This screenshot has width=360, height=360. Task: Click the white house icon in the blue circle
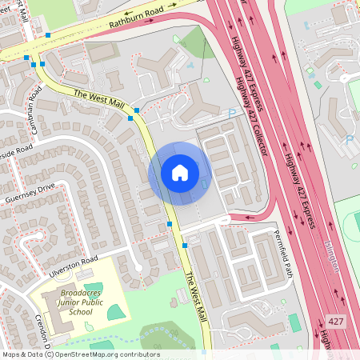(180, 172)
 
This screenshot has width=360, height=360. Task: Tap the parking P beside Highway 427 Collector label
(232, 114)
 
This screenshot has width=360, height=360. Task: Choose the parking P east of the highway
(349, 139)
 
